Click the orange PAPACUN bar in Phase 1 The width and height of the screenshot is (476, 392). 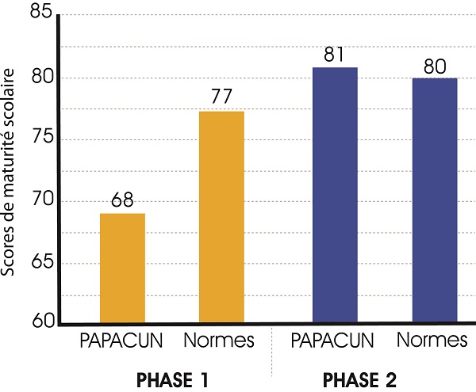tap(122, 268)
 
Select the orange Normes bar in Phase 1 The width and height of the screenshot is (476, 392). tap(221, 217)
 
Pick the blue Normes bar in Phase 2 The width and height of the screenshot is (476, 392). tap(435, 200)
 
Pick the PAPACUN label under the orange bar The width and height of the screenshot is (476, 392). tap(122, 343)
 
